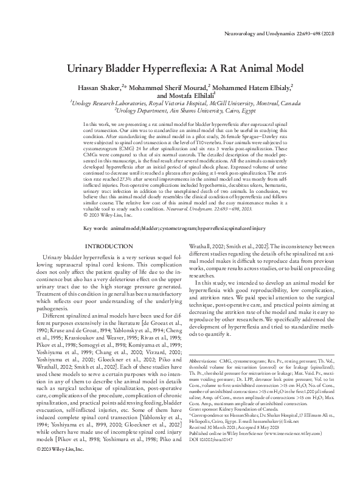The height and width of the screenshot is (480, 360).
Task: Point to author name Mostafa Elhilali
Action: click(x=195, y=96)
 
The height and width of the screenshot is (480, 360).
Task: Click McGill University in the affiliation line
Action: click(x=215, y=104)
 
